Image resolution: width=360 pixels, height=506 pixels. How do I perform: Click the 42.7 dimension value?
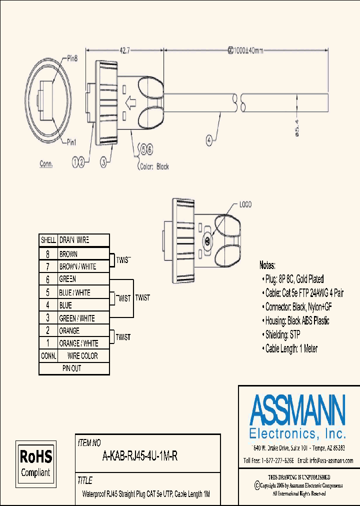coord(125,50)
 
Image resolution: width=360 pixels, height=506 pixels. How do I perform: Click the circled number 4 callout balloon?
coord(208,141)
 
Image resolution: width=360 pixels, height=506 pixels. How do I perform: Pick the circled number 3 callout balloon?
coord(103,161)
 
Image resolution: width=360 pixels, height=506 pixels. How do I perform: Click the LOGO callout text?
coord(245,204)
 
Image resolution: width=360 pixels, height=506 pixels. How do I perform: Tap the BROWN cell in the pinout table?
coord(68,254)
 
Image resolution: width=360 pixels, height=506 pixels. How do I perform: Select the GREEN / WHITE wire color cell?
coord(76,318)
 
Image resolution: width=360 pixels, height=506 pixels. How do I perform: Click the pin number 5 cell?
coord(48,292)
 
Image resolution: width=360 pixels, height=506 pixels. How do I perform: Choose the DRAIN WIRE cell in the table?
coord(74,240)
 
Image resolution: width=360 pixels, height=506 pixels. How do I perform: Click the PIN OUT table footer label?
coord(71,368)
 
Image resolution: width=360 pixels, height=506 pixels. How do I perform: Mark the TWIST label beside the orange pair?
coord(123,337)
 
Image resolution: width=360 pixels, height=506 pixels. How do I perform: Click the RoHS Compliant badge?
coord(35,462)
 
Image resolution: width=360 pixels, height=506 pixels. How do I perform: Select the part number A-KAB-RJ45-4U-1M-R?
coord(140,456)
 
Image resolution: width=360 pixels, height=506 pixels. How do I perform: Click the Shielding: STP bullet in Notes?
coord(282,334)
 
